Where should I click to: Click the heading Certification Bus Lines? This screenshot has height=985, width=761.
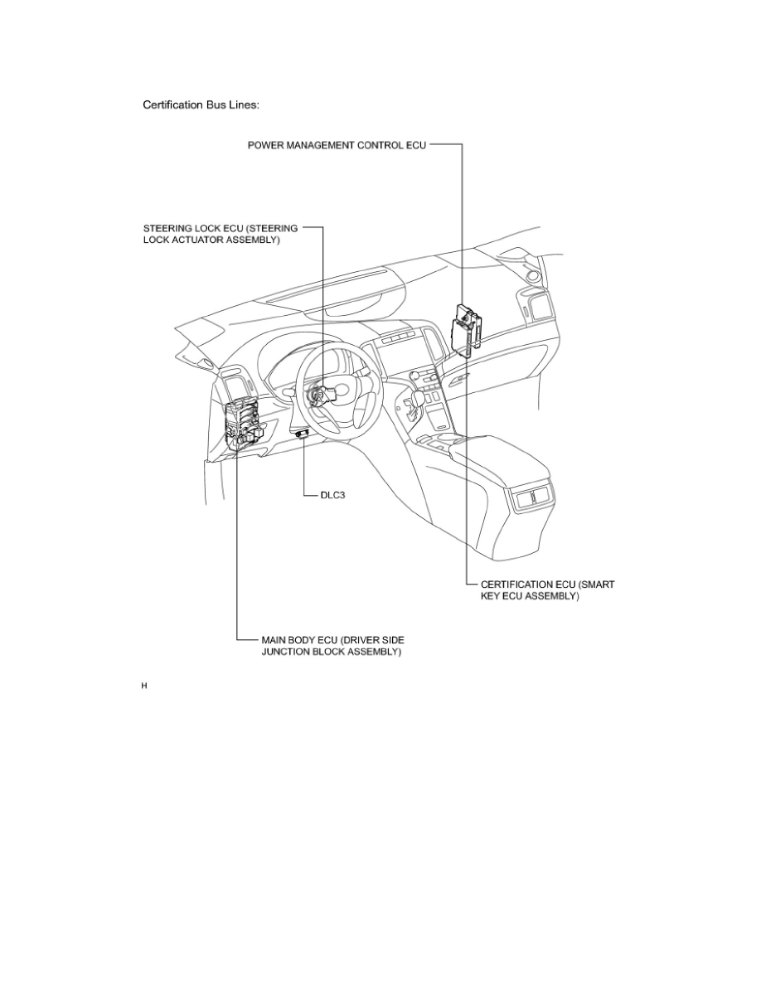point(202,105)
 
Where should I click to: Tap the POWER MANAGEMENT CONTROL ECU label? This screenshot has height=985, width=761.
point(337,145)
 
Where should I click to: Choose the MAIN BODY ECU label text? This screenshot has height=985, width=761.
point(332,646)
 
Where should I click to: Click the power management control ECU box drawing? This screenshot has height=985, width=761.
point(466,328)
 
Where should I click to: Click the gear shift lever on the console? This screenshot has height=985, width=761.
point(408,405)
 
